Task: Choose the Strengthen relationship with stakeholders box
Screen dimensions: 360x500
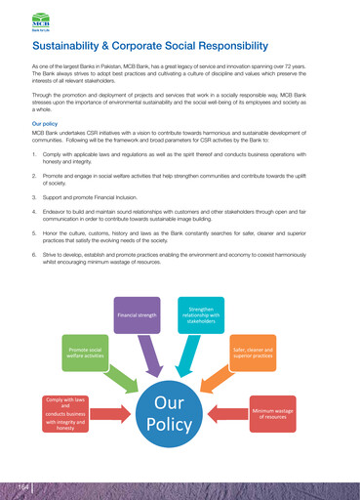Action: point(202,315)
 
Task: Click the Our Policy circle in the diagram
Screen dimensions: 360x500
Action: point(170,414)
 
